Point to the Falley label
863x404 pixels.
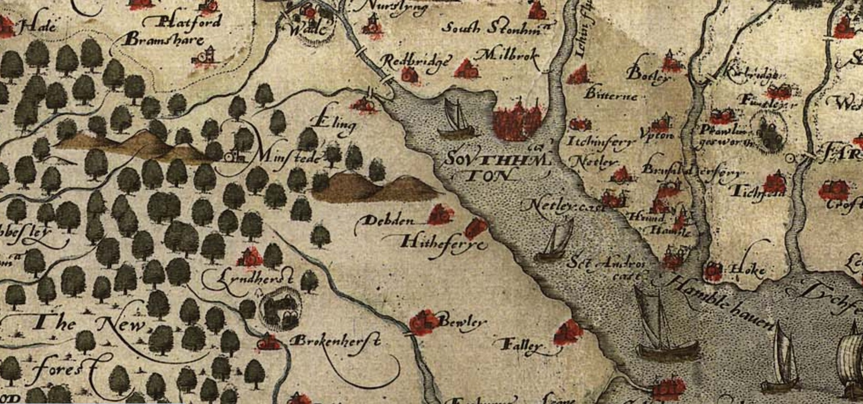pos(523,347)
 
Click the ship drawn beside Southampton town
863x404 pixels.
pos(457,121)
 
